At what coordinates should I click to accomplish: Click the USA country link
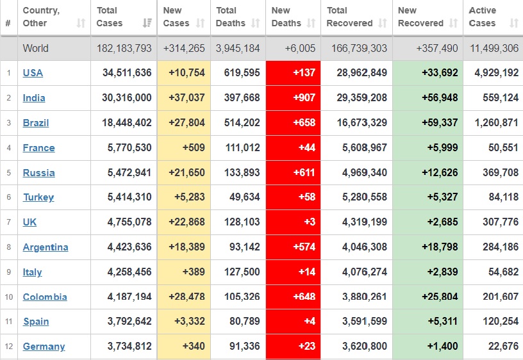click(x=33, y=73)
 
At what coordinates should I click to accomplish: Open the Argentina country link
click(x=45, y=247)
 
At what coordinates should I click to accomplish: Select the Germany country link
click(x=44, y=347)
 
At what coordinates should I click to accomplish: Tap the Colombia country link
click(x=44, y=297)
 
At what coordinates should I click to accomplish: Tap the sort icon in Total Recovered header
click(x=383, y=24)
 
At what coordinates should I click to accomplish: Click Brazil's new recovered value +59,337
click(x=440, y=123)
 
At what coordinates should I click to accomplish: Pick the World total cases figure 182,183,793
click(x=124, y=48)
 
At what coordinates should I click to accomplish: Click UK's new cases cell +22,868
click(x=187, y=222)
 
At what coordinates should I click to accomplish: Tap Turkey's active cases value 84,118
click(x=503, y=197)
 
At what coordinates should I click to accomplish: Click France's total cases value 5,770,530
click(x=127, y=148)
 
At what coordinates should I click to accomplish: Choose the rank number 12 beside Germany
click(x=8, y=347)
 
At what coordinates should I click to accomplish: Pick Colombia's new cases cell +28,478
click(x=187, y=297)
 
